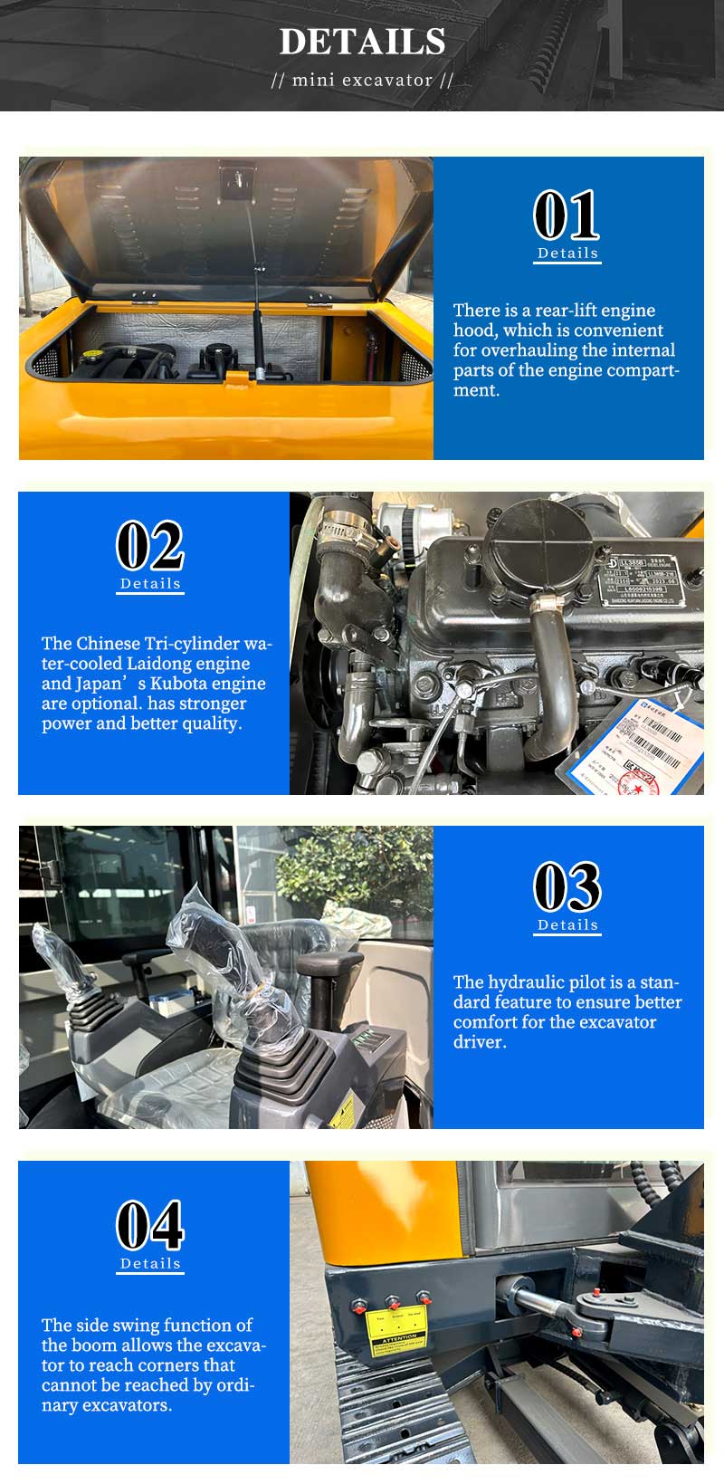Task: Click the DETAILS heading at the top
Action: tap(362, 42)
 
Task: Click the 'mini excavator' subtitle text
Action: tap(362, 80)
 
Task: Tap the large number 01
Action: tap(567, 215)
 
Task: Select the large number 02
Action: tap(150, 546)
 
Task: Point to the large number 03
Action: tap(567, 887)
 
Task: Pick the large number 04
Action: tap(150, 1226)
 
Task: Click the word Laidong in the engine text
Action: tap(168, 664)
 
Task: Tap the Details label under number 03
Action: tap(567, 925)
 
